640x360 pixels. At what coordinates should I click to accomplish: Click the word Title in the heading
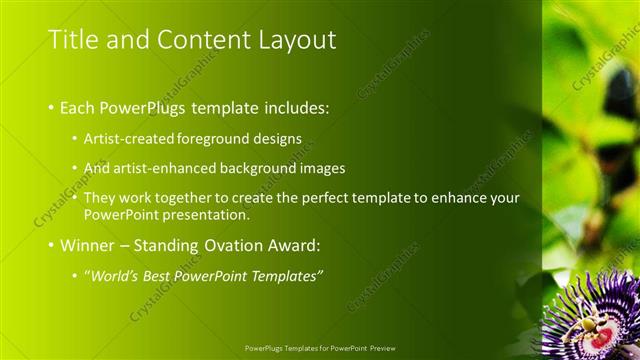(71, 40)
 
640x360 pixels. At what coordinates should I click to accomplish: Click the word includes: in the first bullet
(292, 107)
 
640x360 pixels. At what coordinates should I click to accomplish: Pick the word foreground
(218, 138)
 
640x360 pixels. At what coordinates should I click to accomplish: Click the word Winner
(87, 245)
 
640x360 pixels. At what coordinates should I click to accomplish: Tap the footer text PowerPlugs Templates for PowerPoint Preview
(320, 349)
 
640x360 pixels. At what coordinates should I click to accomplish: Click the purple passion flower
(590, 320)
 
